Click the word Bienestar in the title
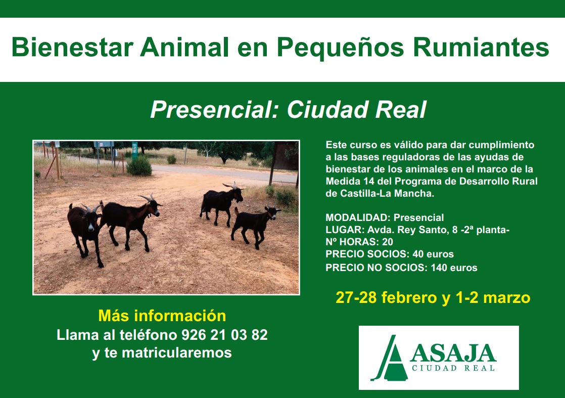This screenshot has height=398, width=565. pyautogui.click(x=72, y=47)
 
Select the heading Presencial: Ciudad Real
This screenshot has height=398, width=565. pyautogui.click(x=288, y=109)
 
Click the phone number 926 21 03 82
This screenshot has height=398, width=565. pyautogui.click(x=224, y=335)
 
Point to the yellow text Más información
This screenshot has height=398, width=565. pyautogui.click(x=162, y=316)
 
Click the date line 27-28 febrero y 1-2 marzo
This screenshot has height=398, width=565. pyautogui.click(x=433, y=298)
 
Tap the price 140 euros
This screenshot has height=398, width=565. pyautogui.click(x=454, y=268)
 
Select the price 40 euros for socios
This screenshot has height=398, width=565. pyautogui.click(x=433, y=254)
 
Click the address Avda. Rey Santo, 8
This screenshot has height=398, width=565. pyautogui.click(x=408, y=230)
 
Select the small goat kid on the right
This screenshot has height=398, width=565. pyautogui.click(x=256, y=226)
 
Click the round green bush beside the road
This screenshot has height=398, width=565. pyautogui.click(x=139, y=166)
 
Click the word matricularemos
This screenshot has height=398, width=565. pyautogui.click(x=176, y=352)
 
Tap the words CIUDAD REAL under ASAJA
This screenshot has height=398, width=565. pyautogui.click(x=453, y=368)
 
